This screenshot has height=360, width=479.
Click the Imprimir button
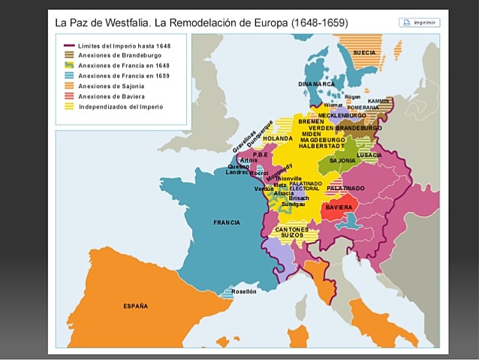pyautogui.click(x=419, y=23)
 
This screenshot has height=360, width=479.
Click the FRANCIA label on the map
pyautogui.click(x=226, y=222)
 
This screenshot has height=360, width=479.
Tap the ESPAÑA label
pyautogui.click(x=135, y=306)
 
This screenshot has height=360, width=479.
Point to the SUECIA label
pyautogui.click(x=364, y=53)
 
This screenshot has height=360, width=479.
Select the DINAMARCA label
pyautogui.click(x=317, y=83)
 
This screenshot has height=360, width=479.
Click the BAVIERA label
pyautogui.click(x=339, y=207)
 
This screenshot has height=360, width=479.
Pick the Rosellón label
pyautogui.click(x=243, y=291)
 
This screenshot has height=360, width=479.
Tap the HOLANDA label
pyautogui.click(x=278, y=139)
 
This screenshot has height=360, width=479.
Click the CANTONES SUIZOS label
pyautogui.click(x=292, y=232)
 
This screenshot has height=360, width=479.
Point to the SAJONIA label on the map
pyautogui.click(x=342, y=161)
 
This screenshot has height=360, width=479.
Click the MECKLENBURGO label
pyautogui.click(x=342, y=116)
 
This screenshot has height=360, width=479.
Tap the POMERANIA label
pyautogui.click(x=363, y=107)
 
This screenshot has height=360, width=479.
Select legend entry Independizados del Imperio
pyautogui.click(x=120, y=107)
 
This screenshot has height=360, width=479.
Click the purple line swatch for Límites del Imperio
pyautogui.click(x=70, y=46)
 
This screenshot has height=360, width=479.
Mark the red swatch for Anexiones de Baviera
pyautogui.click(x=70, y=96)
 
